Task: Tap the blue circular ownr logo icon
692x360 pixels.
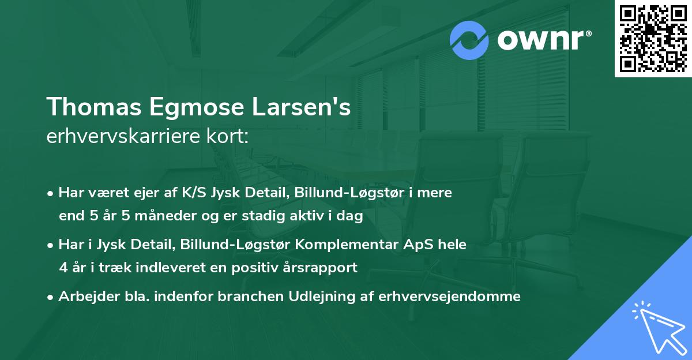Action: pos(469,40)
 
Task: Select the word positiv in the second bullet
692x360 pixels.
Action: pos(266,268)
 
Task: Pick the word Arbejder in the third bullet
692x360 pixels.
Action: pos(84,297)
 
